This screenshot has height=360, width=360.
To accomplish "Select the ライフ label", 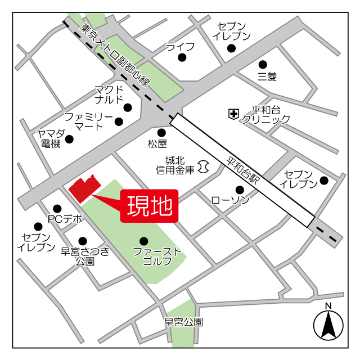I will coord(180,46).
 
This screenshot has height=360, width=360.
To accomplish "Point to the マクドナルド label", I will coord(109,94).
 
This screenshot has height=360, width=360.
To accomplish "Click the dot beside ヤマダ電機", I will coord(69,139).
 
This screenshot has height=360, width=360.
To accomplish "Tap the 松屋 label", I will coord(157,144).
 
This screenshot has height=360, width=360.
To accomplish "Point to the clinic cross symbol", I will coord(233,114).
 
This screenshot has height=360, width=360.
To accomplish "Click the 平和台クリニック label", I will coord(266,115).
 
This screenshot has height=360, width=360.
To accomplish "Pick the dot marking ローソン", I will coord(240,189).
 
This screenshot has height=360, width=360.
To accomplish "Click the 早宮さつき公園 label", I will coord(85,256).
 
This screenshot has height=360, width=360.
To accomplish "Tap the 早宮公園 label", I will coord(183,322).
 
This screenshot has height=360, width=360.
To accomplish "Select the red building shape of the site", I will coord(83,189).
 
